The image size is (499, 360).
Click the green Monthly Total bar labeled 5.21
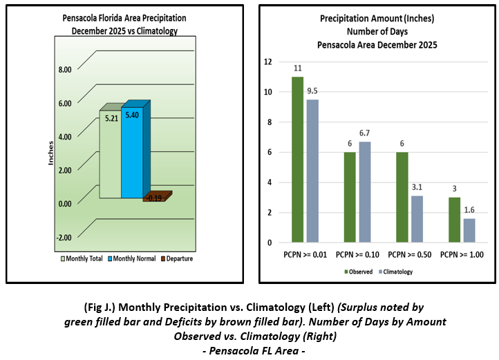[110, 155]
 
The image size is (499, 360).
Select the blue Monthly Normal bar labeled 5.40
[131, 153]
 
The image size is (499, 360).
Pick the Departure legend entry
[176, 258]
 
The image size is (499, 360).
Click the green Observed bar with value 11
[297, 160]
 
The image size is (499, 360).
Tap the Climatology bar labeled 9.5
[312, 171]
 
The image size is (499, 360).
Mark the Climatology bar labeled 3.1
[417, 219]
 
